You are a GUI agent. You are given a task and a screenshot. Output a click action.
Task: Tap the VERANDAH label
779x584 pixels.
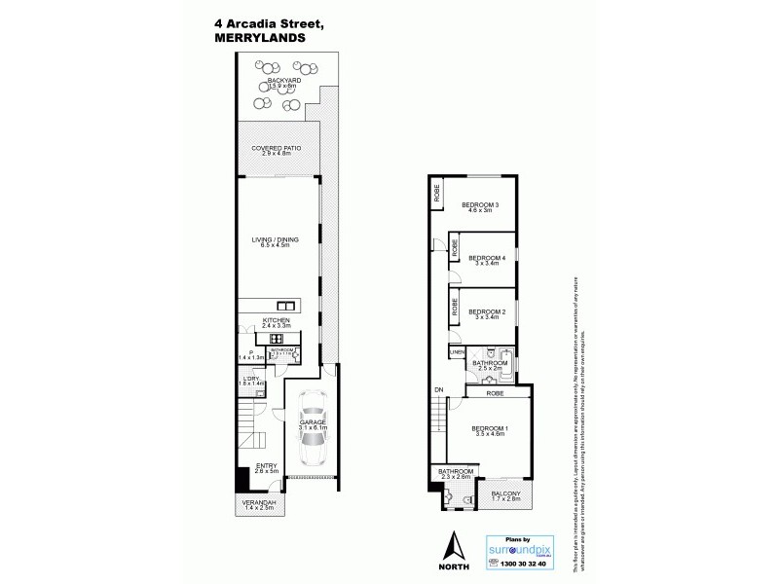click(258, 501)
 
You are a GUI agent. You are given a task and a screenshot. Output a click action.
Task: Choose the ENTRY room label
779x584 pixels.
click(265, 465)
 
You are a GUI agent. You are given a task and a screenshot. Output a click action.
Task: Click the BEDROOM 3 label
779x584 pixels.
click(480, 204)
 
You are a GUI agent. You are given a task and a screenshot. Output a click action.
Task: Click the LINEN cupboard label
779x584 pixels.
click(457, 351)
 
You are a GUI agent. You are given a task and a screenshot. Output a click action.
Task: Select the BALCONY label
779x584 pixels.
click(504, 493)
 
